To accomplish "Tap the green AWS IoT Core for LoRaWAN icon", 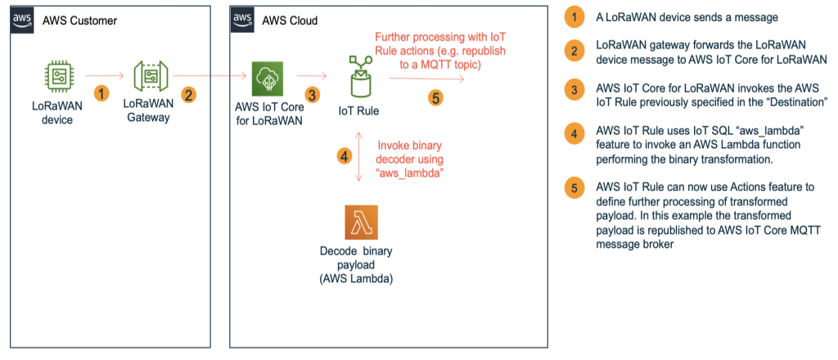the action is click(268, 79).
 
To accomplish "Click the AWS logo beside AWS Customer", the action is click(22, 20).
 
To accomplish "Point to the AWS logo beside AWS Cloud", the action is click(242, 20).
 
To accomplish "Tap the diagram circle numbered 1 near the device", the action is click(101, 94).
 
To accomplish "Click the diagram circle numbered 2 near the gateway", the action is click(187, 96).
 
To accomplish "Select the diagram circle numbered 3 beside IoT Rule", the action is click(313, 96).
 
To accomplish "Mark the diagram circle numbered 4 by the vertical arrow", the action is click(345, 156).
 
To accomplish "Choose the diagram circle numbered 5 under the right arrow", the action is click(436, 98).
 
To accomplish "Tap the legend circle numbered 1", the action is click(574, 17).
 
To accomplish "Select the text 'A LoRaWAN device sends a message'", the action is click(687, 17).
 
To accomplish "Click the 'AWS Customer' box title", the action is click(79, 20).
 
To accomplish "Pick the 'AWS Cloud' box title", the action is click(290, 20).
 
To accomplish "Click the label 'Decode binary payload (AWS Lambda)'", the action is click(355, 264).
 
